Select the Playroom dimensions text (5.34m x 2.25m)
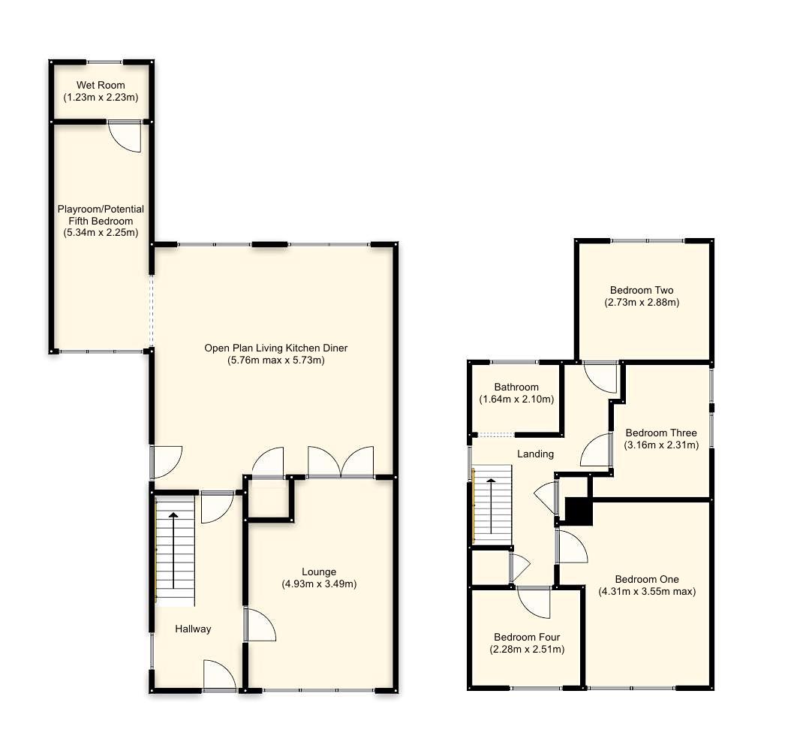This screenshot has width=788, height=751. click(101, 233)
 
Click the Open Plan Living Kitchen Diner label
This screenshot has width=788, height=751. click(276, 348)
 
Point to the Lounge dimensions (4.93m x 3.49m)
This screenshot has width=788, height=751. click(319, 584)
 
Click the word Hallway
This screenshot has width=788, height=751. click(193, 629)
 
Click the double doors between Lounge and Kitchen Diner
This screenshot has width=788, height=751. click(341, 462)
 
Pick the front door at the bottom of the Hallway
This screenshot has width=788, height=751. click(220, 676)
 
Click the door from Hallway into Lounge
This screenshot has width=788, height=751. click(260, 625)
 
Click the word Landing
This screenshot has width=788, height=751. click(536, 454)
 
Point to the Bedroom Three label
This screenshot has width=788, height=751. click(660, 433)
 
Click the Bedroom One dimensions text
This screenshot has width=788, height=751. click(646, 591)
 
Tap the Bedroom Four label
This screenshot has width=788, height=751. click(527, 637)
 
